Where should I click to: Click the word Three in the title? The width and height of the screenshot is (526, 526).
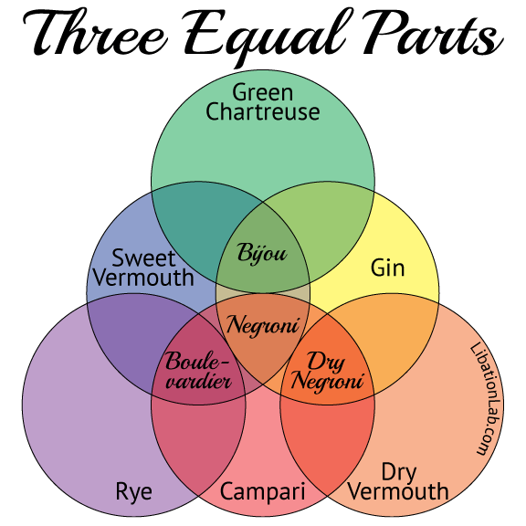96,34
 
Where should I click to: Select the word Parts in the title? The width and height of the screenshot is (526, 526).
433,34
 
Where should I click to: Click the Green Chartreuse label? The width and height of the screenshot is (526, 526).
263,102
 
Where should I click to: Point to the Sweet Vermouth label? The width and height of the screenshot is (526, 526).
143,268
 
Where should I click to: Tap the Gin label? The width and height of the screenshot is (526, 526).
387,268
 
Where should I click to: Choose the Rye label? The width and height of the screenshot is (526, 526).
133,492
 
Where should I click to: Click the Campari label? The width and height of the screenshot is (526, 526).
263,491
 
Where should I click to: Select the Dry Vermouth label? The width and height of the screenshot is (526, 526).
398,482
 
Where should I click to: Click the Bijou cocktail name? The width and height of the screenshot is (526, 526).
262,252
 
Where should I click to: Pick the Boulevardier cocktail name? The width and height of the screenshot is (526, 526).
198,371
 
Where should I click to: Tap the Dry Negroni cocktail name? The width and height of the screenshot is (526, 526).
327,371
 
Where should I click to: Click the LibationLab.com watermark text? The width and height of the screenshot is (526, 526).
487,398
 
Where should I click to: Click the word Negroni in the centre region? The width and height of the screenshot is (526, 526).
263,325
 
